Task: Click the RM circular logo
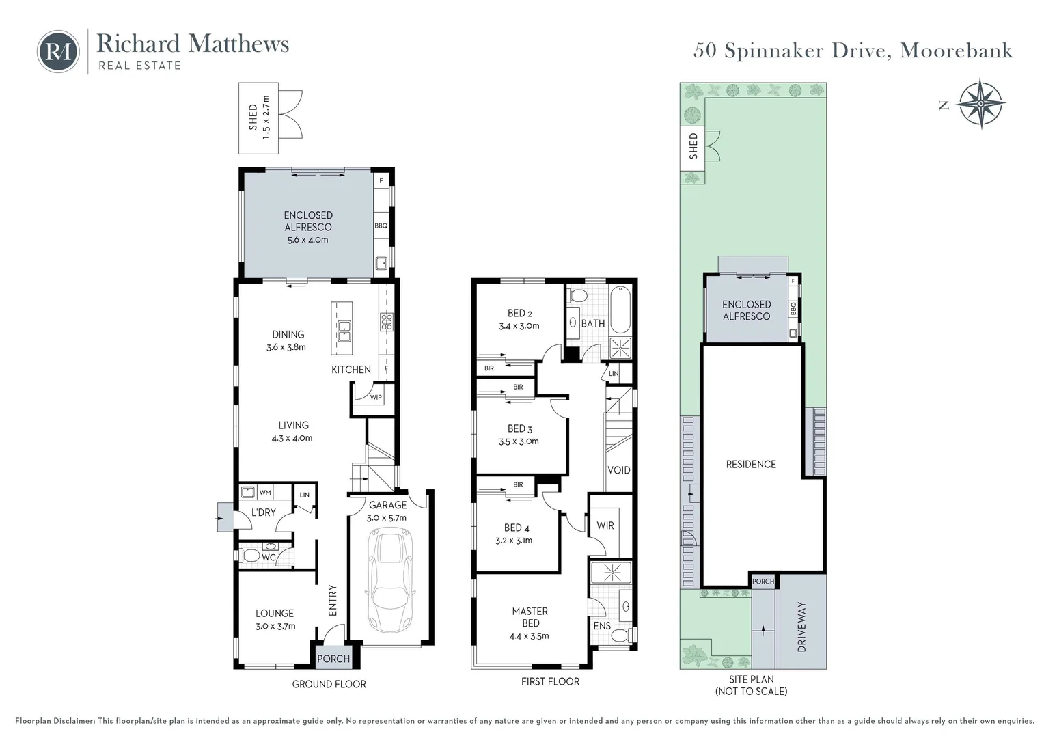[58, 52]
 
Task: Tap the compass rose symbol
[980, 103]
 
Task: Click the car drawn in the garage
[391, 579]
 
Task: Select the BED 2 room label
[520, 313]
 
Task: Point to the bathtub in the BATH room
[620, 309]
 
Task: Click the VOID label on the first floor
[619, 470]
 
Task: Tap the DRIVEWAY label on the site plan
[801, 627]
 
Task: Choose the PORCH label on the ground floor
[333, 659]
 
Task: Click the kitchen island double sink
[344, 331]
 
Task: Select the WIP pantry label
[376, 398]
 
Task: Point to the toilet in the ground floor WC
[249, 556]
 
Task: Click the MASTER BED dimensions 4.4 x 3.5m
[529, 636]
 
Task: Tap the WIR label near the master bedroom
[605, 525]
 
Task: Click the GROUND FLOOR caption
[329, 684]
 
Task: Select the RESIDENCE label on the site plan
[751, 464]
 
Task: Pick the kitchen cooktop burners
[387, 322]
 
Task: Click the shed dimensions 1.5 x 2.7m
[266, 117]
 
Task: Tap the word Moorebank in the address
[957, 51]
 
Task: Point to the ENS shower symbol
[611, 573]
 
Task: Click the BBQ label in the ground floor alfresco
[381, 225]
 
